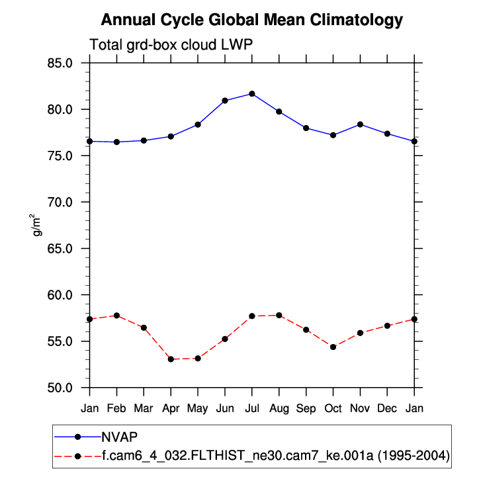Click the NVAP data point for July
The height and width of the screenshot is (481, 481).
252,94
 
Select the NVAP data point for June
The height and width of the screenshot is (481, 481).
225,101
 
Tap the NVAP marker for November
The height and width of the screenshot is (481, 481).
360,124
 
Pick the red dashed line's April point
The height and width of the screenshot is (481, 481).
171,359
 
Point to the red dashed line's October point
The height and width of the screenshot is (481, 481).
333,347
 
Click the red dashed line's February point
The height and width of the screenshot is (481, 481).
117,316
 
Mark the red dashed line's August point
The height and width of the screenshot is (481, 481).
279,315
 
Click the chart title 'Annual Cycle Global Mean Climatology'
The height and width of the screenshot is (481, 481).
251,20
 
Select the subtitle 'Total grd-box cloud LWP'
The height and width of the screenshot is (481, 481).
171,45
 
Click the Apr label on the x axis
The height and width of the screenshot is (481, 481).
171,408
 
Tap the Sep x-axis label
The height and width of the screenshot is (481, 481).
306,408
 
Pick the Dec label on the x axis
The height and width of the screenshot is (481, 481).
387,408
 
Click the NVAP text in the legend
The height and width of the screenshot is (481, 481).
119,436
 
